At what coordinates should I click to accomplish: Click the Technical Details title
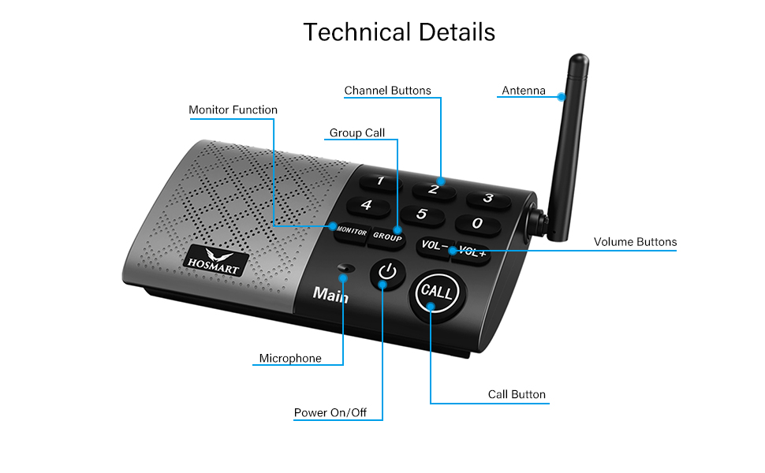tap(399, 32)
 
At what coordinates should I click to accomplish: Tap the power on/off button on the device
tap(386, 274)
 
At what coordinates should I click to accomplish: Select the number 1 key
tap(380, 182)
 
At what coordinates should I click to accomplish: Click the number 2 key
tap(433, 189)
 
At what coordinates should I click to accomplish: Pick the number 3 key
tap(487, 199)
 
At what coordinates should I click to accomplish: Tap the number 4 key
tap(366, 206)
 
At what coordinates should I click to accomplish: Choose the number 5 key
tap(421, 214)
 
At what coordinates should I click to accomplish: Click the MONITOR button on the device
tap(351, 233)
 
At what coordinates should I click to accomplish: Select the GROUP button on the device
tap(387, 236)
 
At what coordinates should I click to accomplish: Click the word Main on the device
tap(330, 294)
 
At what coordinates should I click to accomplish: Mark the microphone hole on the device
tap(344, 268)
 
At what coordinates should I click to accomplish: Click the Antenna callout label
tap(524, 91)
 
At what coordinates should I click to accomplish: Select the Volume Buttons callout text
tap(635, 242)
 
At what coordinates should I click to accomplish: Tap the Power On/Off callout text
tap(330, 412)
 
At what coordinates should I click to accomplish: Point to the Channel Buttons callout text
tap(387, 91)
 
